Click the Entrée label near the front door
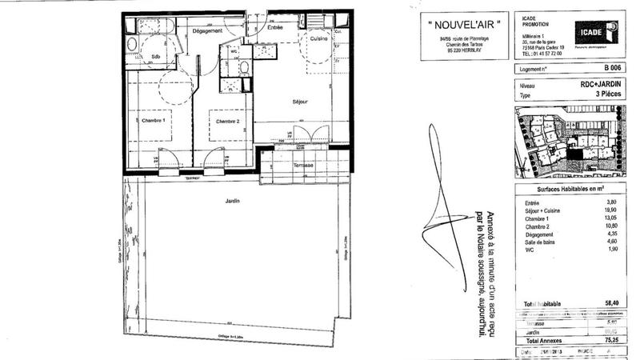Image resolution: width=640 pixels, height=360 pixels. (275, 27)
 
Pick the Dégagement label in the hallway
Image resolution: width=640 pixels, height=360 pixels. (185, 31)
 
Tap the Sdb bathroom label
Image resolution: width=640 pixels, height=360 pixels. (156, 56)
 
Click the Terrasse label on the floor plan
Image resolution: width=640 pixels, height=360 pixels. (303, 165)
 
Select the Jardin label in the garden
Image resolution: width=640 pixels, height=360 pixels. (233, 202)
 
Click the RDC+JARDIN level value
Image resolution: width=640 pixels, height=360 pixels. (602, 83)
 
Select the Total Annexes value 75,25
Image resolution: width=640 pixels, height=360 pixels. (611, 338)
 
